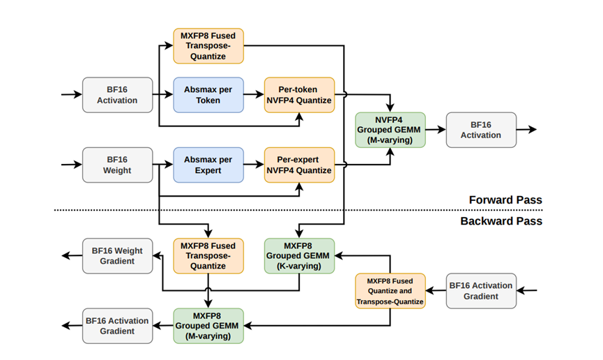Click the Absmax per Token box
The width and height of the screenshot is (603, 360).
[208, 95]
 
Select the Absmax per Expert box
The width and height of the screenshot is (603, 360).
[208, 165]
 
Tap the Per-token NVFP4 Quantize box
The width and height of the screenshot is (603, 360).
[299, 95]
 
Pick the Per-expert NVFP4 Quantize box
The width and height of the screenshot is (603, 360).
[299, 165]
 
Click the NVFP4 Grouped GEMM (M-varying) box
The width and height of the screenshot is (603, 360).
[390, 130]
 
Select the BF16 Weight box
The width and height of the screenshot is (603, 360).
[117, 165]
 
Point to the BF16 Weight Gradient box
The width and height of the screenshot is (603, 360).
[117, 255]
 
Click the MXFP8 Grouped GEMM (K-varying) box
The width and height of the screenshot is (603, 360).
[299, 255]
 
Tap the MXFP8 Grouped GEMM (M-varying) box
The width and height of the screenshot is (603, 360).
[208, 326]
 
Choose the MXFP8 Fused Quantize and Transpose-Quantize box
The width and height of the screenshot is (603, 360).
[390, 291]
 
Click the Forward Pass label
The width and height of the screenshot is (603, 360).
[505, 200]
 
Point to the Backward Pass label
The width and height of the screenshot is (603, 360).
[501, 221]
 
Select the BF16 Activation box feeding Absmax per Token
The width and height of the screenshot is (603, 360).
[117, 95]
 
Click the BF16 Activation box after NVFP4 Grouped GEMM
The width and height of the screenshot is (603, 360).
[481, 130]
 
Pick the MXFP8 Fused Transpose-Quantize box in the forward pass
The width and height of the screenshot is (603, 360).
[208, 46]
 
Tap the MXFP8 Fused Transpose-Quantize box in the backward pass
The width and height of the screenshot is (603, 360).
[208, 255]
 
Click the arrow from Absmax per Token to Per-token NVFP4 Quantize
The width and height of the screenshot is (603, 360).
[254, 94]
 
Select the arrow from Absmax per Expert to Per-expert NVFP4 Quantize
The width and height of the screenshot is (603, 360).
[254, 165]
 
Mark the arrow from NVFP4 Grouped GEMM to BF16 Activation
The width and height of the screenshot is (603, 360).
[436, 130]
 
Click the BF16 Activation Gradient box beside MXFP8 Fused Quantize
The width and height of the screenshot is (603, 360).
[481, 291]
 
